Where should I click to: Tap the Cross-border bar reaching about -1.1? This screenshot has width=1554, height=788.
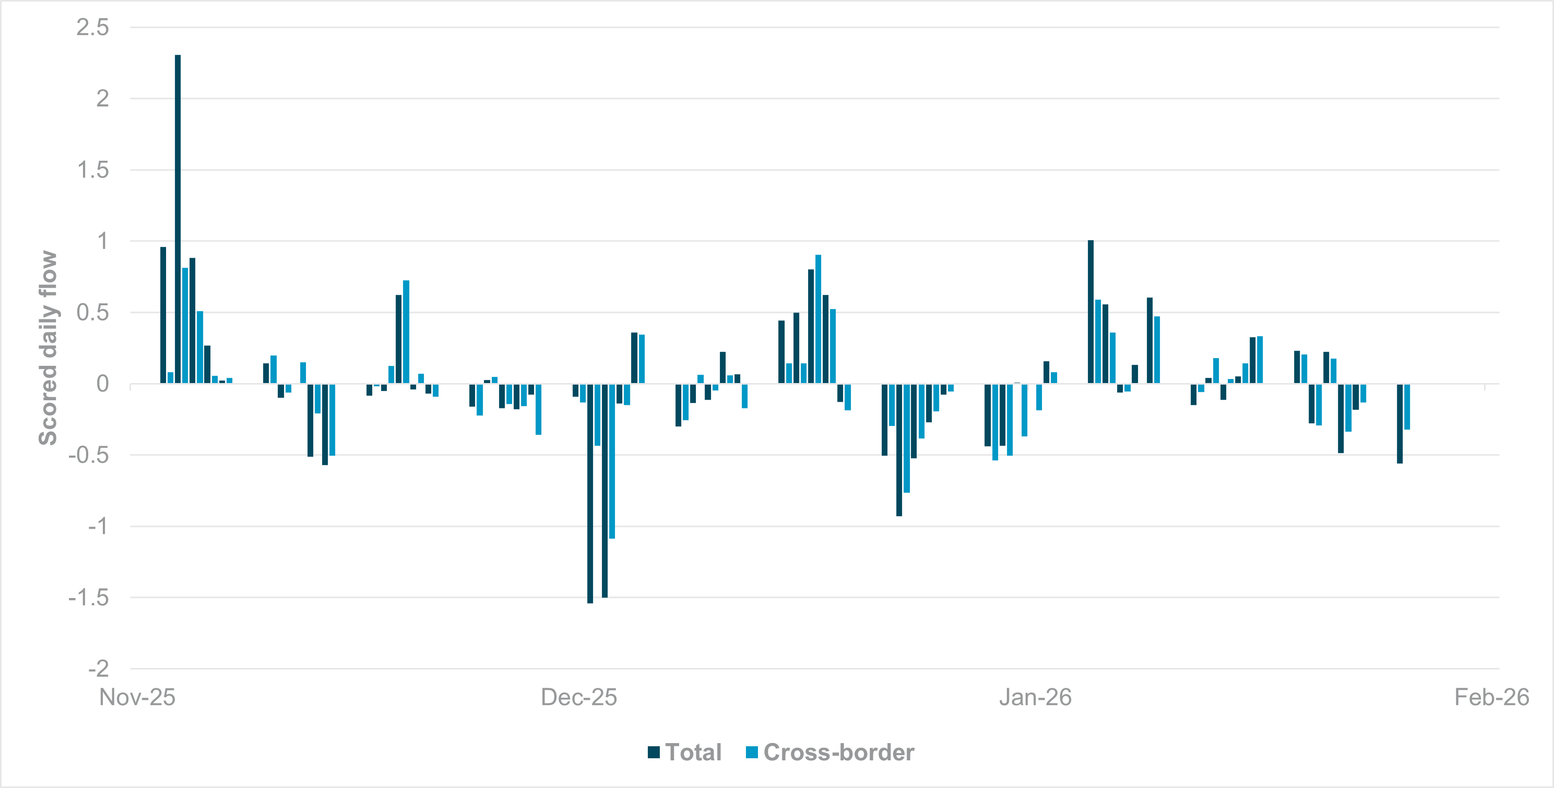point(612,461)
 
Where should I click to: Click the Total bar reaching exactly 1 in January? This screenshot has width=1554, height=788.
point(1090,312)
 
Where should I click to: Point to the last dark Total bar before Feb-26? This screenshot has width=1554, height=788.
point(1399,423)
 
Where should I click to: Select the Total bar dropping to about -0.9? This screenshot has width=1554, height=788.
point(899,450)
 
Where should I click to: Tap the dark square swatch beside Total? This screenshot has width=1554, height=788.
point(654,753)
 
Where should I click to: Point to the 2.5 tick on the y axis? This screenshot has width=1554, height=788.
point(92,27)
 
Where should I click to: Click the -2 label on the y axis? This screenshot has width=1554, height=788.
point(98,668)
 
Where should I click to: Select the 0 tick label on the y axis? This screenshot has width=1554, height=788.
point(102,384)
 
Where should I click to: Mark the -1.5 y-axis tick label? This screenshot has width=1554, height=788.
point(89,598)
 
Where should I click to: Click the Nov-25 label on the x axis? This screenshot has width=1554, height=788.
point(137,698)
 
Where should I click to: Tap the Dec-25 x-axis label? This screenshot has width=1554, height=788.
point(578,698)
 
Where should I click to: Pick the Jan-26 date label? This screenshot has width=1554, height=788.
point(1035,698)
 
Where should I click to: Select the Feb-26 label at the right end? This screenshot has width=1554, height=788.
point(1491,698)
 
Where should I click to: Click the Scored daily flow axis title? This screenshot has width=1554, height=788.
point(48,348)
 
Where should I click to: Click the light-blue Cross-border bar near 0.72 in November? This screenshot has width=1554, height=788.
point(406,331)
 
